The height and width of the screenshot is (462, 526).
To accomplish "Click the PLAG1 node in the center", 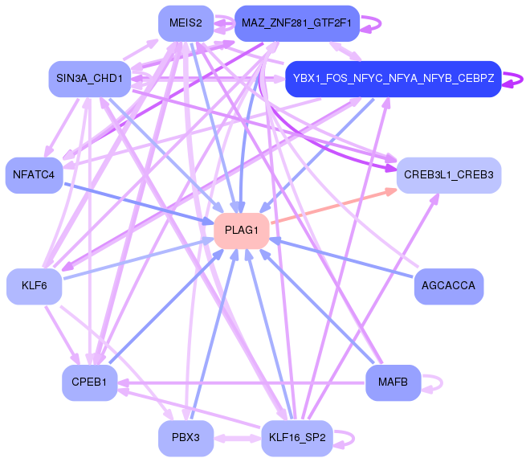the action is pyautogui.click(x=242, y=231).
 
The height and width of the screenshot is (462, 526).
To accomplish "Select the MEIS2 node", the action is pyautogui.click(x=186, y=23).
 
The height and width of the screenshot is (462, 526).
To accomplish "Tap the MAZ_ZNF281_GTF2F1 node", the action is pyautogui.click(x=297, y=23).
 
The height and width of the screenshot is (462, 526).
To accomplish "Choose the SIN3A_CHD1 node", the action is pyautogui.click(x=90, y=79).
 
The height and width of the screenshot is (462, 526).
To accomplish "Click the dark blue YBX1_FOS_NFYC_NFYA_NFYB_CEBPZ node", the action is pyautogui.click(x=393, y=79).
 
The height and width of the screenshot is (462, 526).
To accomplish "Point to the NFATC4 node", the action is pyautogui.click(x=34, y=175).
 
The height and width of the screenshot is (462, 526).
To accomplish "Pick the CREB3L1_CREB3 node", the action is pyautogui.click(x=449, y=175).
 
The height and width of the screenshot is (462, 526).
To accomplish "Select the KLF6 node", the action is pyautogui.click(x=35, y=286).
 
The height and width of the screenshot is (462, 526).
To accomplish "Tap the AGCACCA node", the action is pyautogui.click(x=449, y=286).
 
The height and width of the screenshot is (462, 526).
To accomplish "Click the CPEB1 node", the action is pyautogui.click(x=90, y=382).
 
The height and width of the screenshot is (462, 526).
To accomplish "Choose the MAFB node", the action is pyautogui.click(x=393, y=382).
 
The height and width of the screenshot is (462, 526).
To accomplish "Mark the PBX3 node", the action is pyautogui.click(x=186, y=438).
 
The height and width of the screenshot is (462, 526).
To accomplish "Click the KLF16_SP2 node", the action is pyautogui.click(x=297, y=438).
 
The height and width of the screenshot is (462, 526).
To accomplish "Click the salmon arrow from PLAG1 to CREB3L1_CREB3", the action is pyautogui.click(x=334, y=206).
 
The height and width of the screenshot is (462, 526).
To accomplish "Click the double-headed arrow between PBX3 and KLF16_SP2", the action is pyautogui.click(x=238, y=438).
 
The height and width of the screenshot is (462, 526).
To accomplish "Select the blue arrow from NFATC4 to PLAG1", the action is pyautogui.click(x=139, y=204).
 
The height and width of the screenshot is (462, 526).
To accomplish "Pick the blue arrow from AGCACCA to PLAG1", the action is pyautogui.click(x=341, y=258).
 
